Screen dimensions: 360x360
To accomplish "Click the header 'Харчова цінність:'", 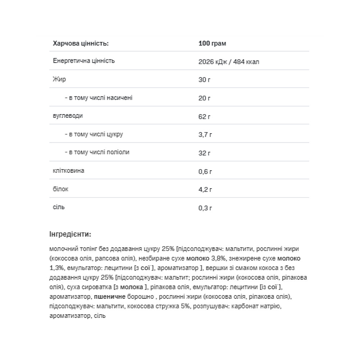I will pyautogui.click(x=80, y=44).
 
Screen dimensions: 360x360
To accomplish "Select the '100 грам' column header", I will pyautogui.click(x=212, y=44).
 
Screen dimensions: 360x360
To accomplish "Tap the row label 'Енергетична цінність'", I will pyautogui.click(x=84, y=61).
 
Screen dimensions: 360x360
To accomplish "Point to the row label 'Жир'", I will pyautogui.click(x=59, y=79).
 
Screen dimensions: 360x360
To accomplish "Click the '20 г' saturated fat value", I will pyautogui.click(x=204, y=98).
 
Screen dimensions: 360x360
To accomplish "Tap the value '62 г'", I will pyautogui.click(x=204, y=117).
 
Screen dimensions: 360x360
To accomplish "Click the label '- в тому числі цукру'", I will pyautogui.click(x=94, y=134).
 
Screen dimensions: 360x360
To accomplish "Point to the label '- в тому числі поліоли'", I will pyautogui.click(x=97, y=152).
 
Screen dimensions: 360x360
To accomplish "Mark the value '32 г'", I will pyautogui.click(x=204, y=153).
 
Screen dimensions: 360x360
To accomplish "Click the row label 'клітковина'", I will pyautogui.click(x=68, y=170).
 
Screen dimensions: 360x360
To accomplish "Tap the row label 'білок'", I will pyautogui.click(x=60, y=189).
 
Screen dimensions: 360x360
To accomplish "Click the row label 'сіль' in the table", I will pyautogui.click(x=59, y=207).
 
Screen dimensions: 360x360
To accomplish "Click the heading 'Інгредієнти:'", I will pyautogui.click(x=70, y=234).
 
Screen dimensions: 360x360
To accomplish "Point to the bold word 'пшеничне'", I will pyautogui.click(x=109, y=297).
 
